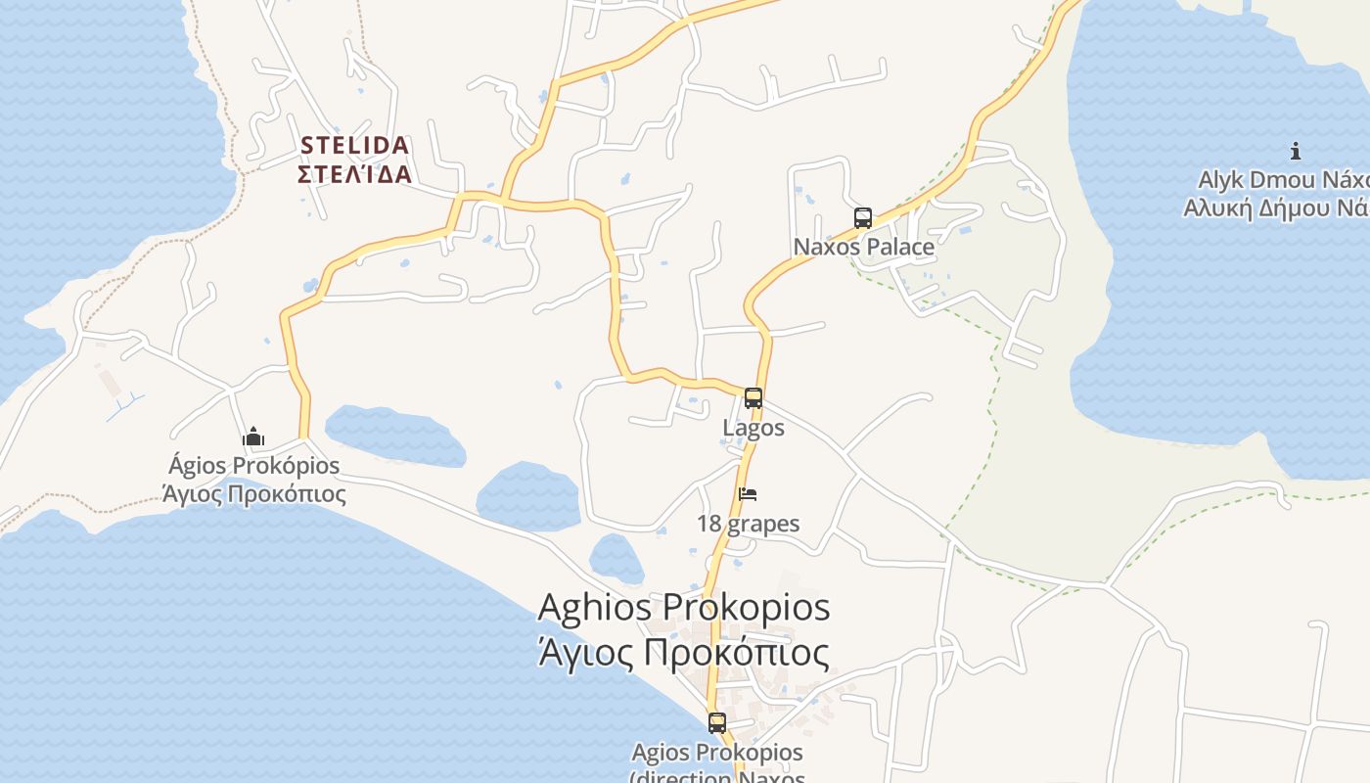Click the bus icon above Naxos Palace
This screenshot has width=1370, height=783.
pos(862,218)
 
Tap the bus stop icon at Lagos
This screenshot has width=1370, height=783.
pos(753,398)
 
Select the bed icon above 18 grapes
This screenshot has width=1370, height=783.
pos(748,494)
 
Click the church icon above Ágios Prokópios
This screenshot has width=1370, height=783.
pos(253,437)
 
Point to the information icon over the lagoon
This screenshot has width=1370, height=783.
pos(1295,151)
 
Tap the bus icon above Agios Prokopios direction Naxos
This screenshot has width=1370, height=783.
pos(717,723)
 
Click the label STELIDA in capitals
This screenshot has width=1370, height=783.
pos(354,146)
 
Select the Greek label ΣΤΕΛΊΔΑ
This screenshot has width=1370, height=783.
pos(354,175)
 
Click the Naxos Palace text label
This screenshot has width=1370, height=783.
pos(863,247)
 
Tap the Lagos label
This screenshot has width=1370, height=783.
pos(753,428)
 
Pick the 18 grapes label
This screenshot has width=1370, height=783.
pos(748,524)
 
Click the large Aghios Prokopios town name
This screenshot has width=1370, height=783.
pos(684,607)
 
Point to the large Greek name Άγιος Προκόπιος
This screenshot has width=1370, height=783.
pos(684,652)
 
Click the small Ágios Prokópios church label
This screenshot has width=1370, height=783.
pos(253,466)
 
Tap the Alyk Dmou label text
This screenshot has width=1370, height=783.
pos(1282,180)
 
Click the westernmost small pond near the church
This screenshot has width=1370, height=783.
pos(394,436)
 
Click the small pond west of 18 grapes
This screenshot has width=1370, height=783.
pos(616,559)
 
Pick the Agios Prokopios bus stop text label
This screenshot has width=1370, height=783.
pos(716,753)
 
